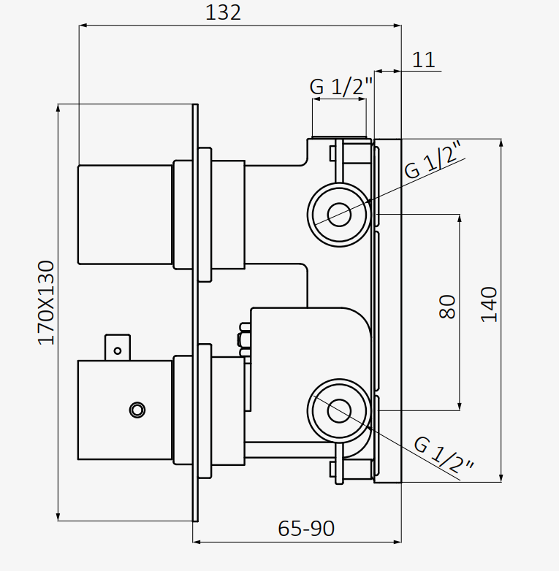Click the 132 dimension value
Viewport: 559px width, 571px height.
(x=223, y=12)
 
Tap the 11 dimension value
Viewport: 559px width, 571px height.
(x=423, y=60)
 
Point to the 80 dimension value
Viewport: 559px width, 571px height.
(x=448, y=306)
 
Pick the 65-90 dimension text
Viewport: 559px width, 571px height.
(x=307, y=527)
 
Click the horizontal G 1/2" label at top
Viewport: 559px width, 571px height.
(x=341, y=86)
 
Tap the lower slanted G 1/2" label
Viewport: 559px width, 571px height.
(x=444, y=454)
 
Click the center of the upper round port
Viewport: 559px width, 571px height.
(x=338, y=215)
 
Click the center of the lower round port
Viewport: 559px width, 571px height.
(x=338, y=410)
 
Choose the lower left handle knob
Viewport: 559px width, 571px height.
(x=125, y=410)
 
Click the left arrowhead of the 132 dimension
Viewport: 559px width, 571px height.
(x=83, y=26)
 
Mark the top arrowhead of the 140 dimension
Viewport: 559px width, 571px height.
(x=501, y=142)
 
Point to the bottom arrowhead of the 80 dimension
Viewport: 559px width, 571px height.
(x=460, y=405)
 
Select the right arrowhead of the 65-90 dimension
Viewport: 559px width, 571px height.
(x=398, y=542)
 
